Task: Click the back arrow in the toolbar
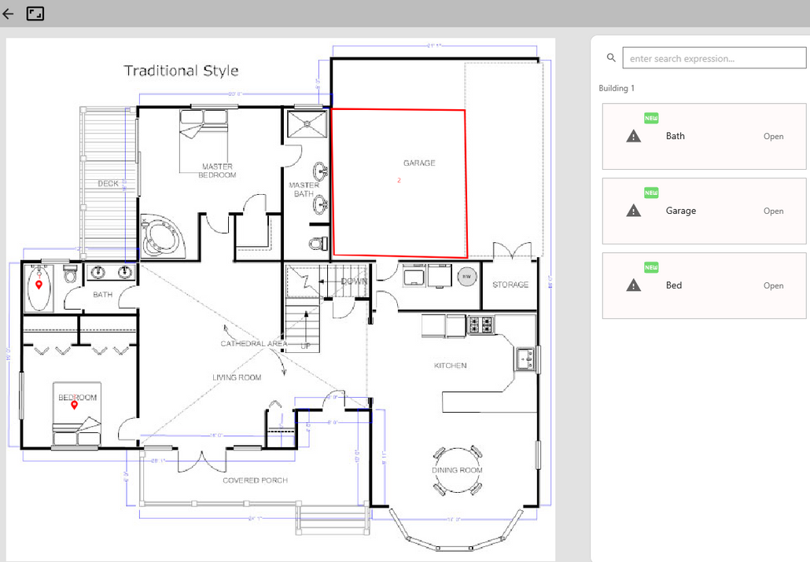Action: click(8, 13)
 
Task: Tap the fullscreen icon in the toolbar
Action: click(35, 13)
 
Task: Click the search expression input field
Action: click(714, 58)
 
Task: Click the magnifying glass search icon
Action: click(612, 58)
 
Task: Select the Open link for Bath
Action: click(773, 136)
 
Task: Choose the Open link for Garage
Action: click(773, 211)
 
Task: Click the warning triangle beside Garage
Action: click(633, 211)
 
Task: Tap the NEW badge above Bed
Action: click(651, 267)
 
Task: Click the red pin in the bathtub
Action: click(39, 285)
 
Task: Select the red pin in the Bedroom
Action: click(75, 406)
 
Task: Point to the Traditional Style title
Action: click(181, 71)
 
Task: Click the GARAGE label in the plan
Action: click(419, 163)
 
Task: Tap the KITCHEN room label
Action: click(451, 365)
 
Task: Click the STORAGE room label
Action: click(510, 285)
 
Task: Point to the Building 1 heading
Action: click(617, 88)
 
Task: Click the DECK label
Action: click(108, 184)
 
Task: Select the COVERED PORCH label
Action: click(255, 480)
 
